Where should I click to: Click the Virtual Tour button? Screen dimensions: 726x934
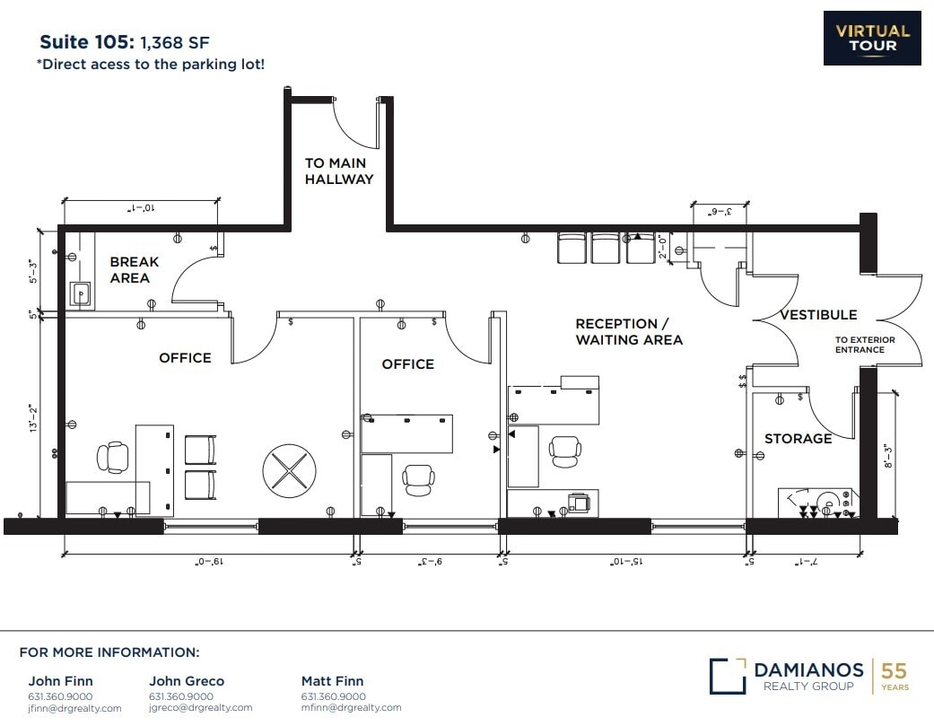[x=872, y=38]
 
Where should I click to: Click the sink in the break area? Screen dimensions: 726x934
[x=81, y=293]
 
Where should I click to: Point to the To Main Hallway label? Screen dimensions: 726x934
[x=338, y=171]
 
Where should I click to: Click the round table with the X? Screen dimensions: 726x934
[x=289, y=469]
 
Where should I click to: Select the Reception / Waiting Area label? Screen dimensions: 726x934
[x=628, y=331]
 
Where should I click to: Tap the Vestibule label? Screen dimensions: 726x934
[x=817, y=315]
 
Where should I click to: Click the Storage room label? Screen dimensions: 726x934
[x=798, y=439]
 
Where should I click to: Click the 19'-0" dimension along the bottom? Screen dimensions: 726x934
[x=210, y=563]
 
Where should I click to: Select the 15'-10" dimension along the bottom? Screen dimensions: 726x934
[x=624, y=563]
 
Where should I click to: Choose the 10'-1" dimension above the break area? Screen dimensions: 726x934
[x=141, y=208]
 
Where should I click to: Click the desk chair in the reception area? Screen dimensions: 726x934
[x=565, y=450]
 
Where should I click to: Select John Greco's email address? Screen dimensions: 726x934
[x=201, y=708]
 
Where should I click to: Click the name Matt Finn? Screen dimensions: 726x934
[x=332, y=681]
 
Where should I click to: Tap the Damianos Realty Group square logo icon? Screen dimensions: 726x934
[x=727, y=677]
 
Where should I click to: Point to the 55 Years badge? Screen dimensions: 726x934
[x=894, y=676]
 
